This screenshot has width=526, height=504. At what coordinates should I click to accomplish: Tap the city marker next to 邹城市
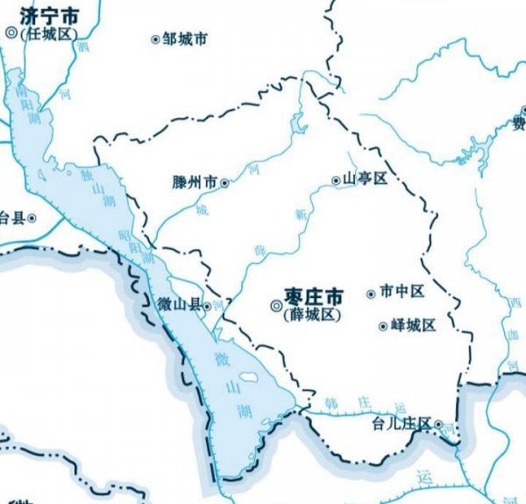click(156, 39)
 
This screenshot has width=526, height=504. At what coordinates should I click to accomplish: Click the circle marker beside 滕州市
click(224, 183)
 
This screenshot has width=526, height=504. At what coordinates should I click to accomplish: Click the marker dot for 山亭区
click(336, 180)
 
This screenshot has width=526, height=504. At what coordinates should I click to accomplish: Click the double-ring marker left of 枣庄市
click(275, 306)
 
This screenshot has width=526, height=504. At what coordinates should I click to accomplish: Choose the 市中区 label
click(408, 292)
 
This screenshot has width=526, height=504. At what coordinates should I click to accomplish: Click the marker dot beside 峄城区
click(382, 327)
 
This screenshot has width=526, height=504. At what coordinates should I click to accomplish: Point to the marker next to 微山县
click(207, 306)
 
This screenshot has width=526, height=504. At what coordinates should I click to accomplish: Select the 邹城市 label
click(185, 39)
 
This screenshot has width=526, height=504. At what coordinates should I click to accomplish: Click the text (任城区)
click(49, 33)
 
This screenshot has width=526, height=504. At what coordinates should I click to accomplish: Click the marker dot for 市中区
click(371, 293)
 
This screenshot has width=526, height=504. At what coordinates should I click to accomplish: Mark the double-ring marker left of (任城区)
click(11, 32)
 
